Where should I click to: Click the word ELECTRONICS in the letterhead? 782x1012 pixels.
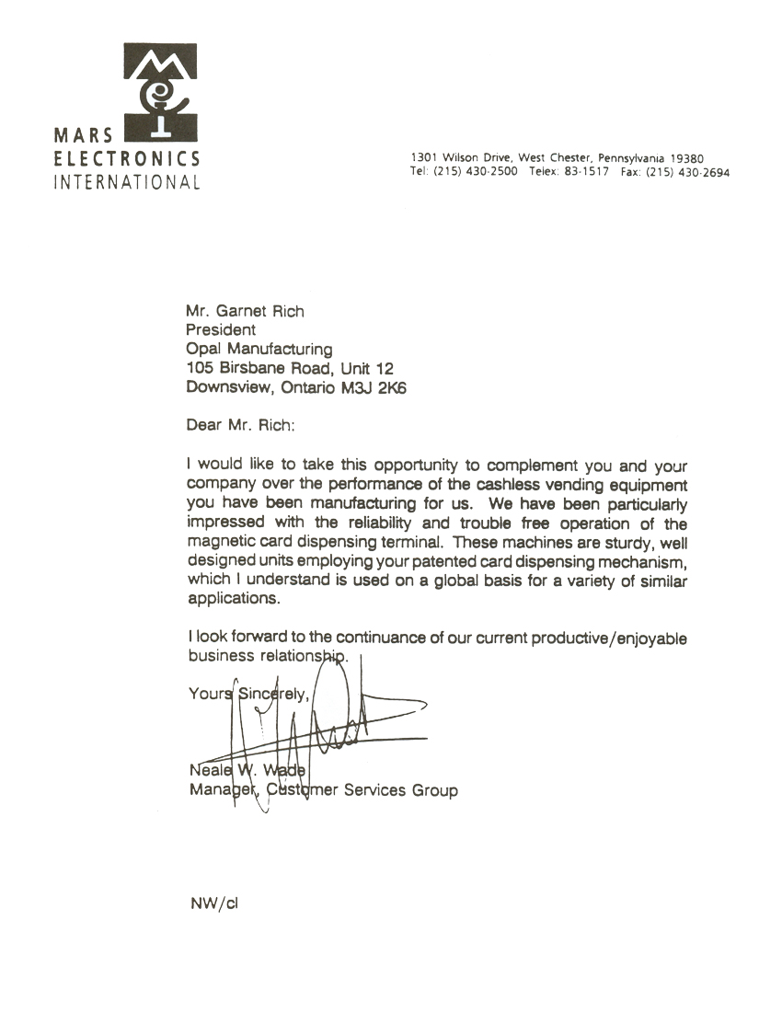point(127,158)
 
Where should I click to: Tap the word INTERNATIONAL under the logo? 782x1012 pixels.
point(127,181)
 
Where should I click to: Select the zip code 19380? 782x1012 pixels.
point(687,158)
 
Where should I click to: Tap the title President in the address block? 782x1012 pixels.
point(221,329)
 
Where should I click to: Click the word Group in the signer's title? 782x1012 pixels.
point(434,790)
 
